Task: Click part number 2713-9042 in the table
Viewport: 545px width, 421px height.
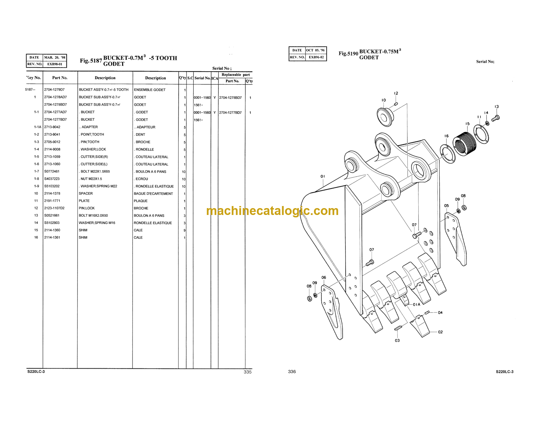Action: tap(52, 127)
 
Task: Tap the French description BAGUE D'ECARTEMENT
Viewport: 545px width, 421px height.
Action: tap(153, 194)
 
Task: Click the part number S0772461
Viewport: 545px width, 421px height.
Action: tap(52, 172)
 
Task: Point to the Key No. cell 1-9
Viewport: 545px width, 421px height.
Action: tap(36, 186)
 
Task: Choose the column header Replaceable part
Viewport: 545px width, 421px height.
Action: tap(235, 75)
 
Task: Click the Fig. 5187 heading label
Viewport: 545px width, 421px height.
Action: tap(91, 61)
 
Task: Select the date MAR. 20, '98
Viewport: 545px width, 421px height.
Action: tap(55, 57)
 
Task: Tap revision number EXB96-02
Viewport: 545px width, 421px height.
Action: tap(316, 57)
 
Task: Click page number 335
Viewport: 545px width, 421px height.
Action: tap(247, 372)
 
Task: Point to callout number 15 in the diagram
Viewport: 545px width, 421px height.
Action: tap(467, 123)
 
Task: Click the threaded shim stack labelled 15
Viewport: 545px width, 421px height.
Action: tap(464, 144)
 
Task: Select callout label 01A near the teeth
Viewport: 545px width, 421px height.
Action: tap(416, 304)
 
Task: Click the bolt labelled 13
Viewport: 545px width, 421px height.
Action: tap(495, 118)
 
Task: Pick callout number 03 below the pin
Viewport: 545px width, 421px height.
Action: tap(397, 341)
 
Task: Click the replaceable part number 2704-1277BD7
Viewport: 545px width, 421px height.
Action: tap(230, 112)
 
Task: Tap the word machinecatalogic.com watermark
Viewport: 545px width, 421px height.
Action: tap(272, 211)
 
